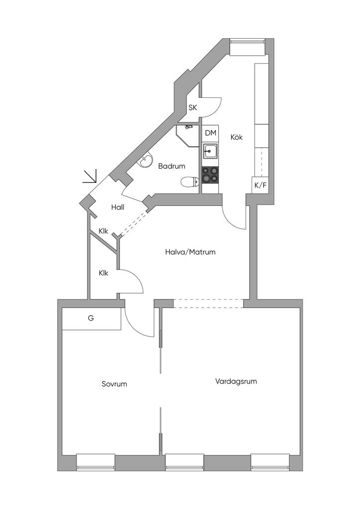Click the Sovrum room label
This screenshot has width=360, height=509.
pyautogui.click(x=114, y=384)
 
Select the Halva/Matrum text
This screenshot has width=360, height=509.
pyautogui.click(x=190, y=252)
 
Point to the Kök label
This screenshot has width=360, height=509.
pyautogui.click(x=236, y=137)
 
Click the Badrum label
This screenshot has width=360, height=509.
pyautogui.click(x=172, y=167)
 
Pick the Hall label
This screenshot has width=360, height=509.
pyautogui.click(x=118, y=207)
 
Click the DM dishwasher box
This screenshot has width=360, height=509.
pyautogui.click(x=210, y=133)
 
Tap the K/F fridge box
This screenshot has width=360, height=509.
pyautogui.click(x=261, y=185)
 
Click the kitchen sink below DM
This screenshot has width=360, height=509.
pyautogui.click(x=210, y=150)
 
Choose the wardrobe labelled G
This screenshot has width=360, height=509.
pyautogui.click(x=91, y=319)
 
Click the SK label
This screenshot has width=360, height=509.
pyautogui.click(x=193, y=108)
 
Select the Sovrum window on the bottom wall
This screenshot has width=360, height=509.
pyautogui.click(x=96, y=462)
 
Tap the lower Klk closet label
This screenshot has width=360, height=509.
pyautogui.click(x=103, y=273)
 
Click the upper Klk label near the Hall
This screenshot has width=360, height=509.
pyautogui.click(x=103, y=231)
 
